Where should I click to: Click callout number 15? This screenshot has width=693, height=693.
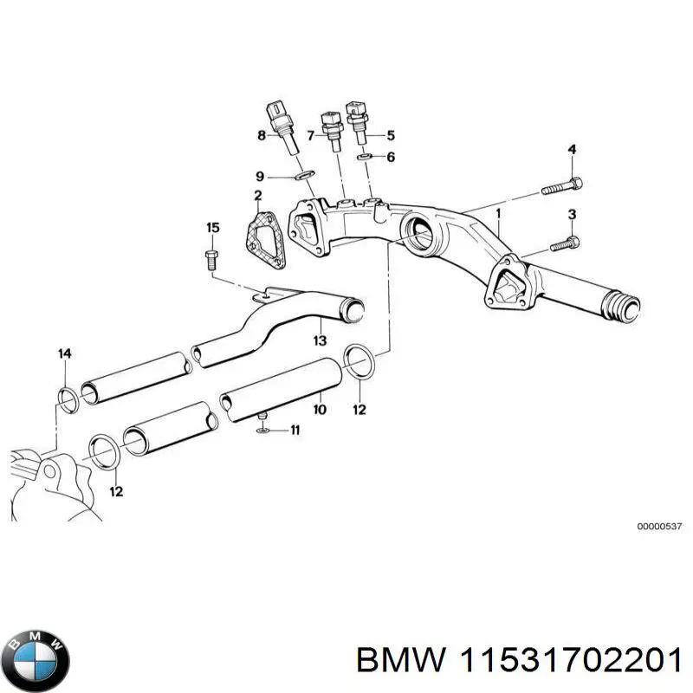pyautogui.click(x=212, y=228)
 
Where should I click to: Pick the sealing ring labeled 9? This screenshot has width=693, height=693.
pyautogui.click(x=302, y=177)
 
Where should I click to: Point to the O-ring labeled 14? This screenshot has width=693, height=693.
pyautogui.click(x=66, y=398)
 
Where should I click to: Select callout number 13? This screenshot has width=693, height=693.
pyautogui.click(x=320, y=341)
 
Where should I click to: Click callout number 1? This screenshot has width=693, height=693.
pyautogui.click(x=499, y=212)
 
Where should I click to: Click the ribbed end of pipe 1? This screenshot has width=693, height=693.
pyautogui.click(x=622, y=306)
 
